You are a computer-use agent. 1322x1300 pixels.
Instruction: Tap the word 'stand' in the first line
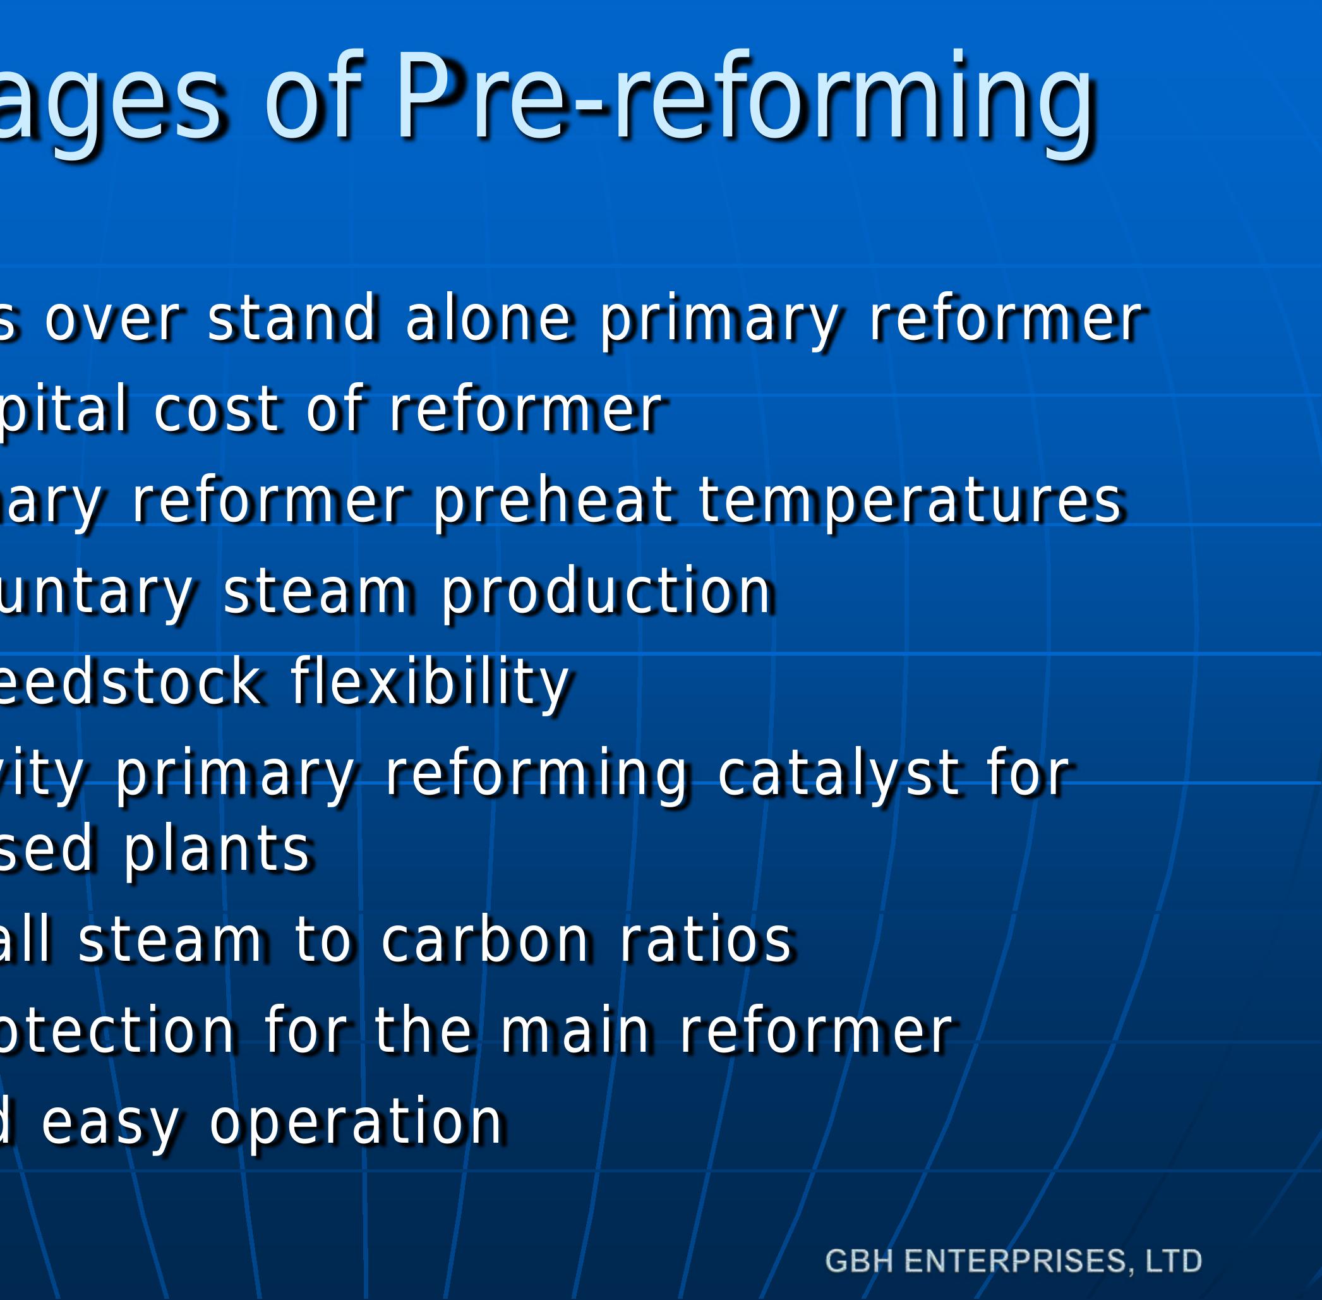(x=292, y=318)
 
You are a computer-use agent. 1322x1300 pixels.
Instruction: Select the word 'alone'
(x=488, y=318)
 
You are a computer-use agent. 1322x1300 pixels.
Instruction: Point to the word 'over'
(x=112, y=318)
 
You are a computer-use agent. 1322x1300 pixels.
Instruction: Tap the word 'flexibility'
(x=430, y=682)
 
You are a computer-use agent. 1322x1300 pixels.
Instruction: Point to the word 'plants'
(x=217, y=851)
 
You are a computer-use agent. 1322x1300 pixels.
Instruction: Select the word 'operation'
(x=356, y=1122)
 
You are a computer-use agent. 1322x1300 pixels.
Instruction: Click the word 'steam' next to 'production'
(x=317, y=591)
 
